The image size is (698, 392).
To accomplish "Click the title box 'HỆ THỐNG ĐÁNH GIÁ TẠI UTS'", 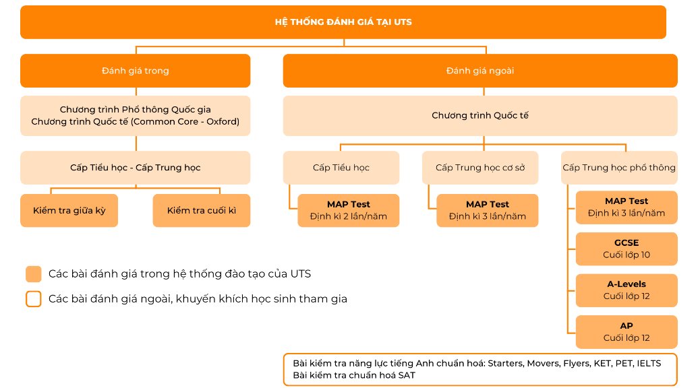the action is point(343,22).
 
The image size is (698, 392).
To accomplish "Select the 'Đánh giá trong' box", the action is point(136,71).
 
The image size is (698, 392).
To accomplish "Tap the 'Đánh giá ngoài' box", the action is point(480,71).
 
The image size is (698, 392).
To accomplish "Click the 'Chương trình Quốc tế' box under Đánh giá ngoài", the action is point(480,116).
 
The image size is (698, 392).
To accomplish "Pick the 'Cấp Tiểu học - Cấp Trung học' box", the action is point(136,168).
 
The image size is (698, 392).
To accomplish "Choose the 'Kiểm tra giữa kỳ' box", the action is point(69,211).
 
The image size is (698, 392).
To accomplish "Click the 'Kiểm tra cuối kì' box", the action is point(202,211).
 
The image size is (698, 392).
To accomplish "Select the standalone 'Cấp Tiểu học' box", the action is point(341,168).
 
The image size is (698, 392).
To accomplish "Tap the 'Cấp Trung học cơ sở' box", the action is point(480,168).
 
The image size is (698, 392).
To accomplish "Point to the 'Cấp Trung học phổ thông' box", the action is point(619,168).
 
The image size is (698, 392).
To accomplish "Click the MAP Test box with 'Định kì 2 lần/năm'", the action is point(349,211).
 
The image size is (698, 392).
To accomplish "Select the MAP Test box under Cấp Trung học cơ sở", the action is point(488,211).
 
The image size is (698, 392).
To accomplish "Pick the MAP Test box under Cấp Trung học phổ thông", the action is point(627,207).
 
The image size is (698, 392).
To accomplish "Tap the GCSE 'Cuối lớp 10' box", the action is point(627,249).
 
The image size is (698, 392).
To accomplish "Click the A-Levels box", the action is point(627,291).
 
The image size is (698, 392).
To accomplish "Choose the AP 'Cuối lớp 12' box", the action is point(627,332).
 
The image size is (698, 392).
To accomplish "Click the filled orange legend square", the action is point(34,273).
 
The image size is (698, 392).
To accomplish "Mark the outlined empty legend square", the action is point(34,299).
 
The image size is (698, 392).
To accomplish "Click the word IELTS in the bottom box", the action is point(649,364).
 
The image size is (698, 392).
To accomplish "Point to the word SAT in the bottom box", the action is point(407,376).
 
